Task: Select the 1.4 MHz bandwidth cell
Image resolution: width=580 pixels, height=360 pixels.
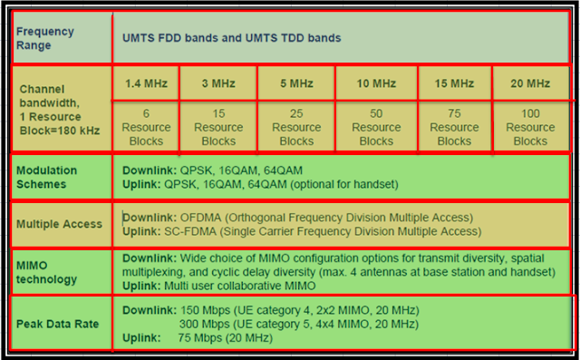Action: tap(146, 83)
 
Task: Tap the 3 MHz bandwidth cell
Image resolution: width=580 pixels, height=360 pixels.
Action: tap(218, 83)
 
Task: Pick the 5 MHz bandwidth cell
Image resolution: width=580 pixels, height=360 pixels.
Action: tap(296, 83)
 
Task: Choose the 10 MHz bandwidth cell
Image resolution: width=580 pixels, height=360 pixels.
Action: tap(376, 83)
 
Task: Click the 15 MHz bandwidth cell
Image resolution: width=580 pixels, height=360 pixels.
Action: tap(454, 83)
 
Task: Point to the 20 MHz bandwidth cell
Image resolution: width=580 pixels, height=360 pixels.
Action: tap(530, 83)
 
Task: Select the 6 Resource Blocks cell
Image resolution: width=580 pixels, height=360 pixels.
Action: tap(146, 128)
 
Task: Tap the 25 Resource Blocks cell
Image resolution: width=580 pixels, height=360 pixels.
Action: tap(296, 128)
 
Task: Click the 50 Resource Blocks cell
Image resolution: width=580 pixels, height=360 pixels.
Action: tap(376, 128)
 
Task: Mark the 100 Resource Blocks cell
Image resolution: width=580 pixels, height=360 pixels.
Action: tap(530, 128)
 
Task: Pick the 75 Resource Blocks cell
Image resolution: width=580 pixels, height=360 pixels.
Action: tap(454, 128)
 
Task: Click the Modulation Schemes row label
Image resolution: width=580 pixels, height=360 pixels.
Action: tap(47, 177)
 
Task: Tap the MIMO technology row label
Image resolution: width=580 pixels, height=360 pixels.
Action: tap(46, 271)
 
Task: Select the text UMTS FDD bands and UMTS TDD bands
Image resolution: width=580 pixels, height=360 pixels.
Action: tap(232, 38)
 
